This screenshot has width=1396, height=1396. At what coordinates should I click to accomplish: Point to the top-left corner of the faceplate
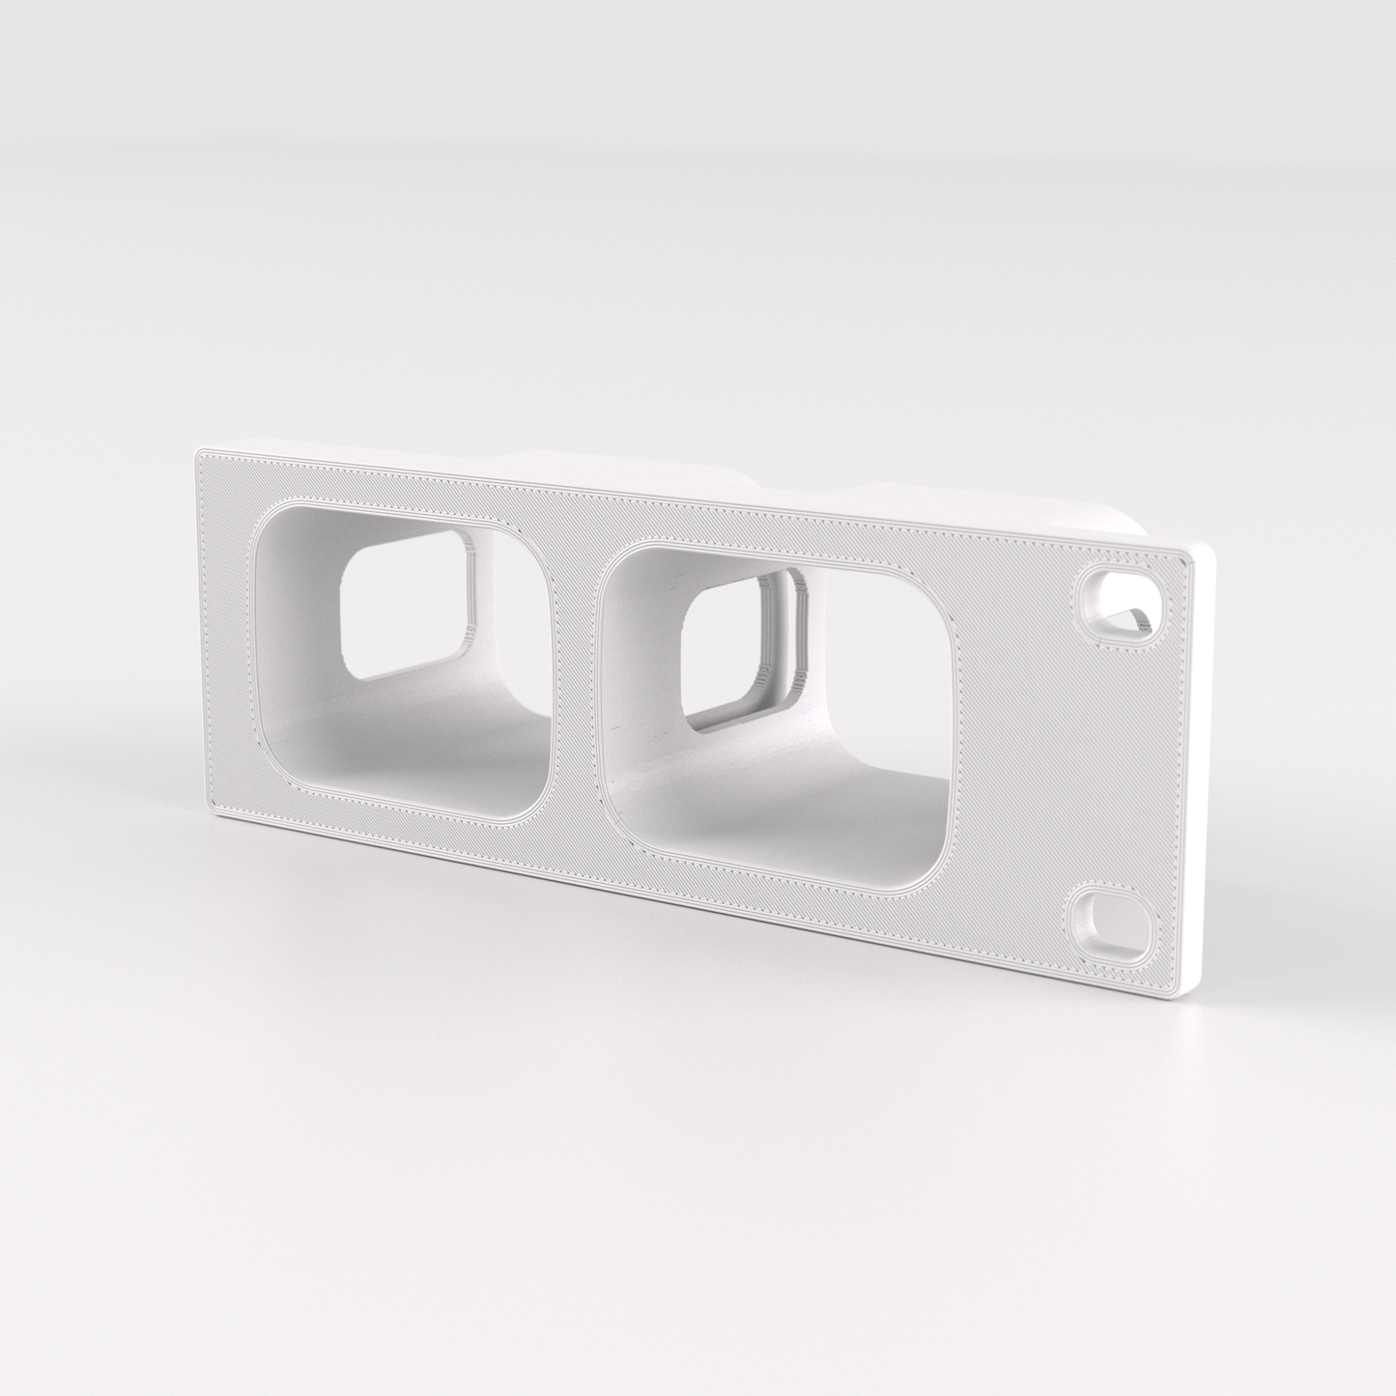[x=200, y=451]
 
